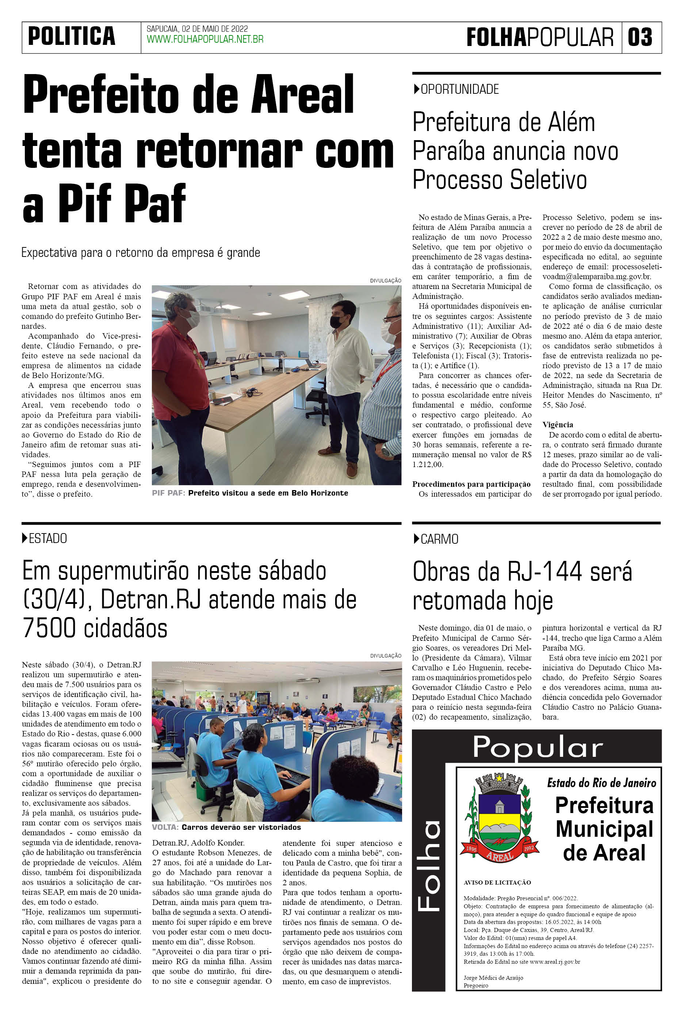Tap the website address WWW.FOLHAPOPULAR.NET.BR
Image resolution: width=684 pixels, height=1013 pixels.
[x=205, y=40]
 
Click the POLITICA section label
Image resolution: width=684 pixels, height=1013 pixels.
[x=72, y=36]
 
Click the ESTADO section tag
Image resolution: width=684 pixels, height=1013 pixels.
[x=47, y=538]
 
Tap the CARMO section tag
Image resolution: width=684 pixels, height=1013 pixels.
[x=439, y=539]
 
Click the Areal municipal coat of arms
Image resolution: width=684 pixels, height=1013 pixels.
[x=500, y=819]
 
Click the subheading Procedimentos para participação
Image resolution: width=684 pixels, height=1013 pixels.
[x=471, y=484]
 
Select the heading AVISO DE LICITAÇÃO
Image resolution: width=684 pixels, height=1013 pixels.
[x=497, y=883]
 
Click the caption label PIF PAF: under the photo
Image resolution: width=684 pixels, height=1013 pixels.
[x=169, y=493]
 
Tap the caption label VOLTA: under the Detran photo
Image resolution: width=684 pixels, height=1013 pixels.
[x=165, y=827]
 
